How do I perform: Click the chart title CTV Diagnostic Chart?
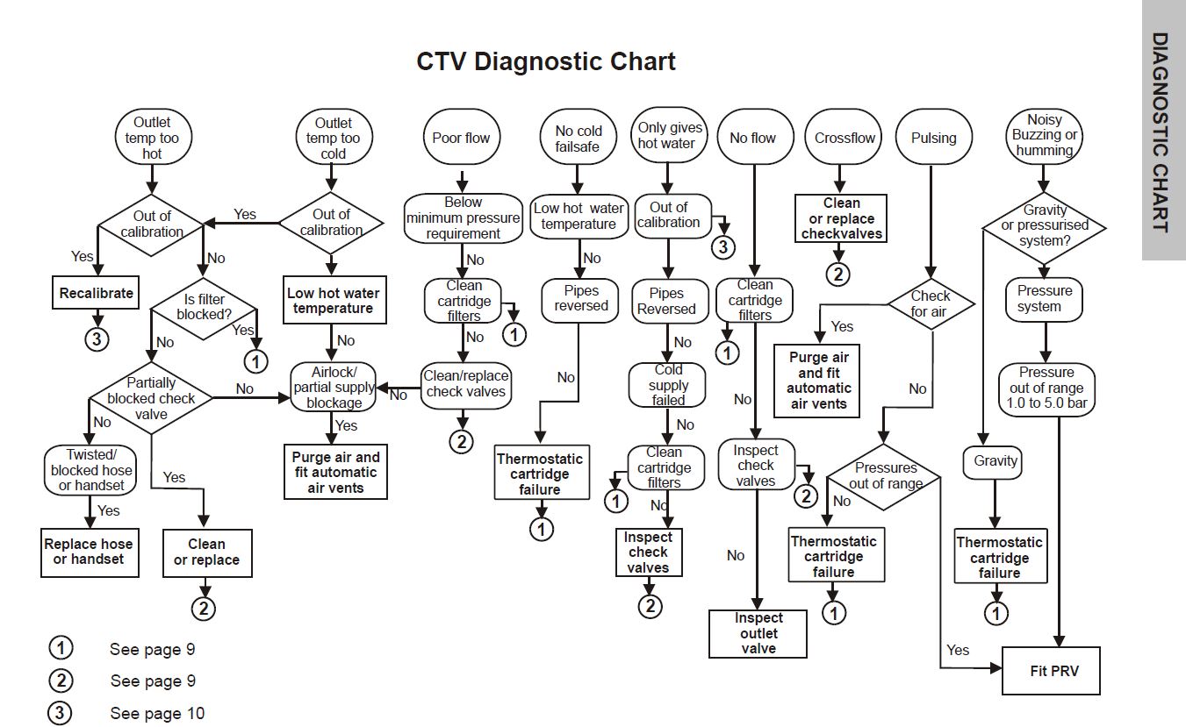point(546,62)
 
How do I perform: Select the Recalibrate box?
point(97,294)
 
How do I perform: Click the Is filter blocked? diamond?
point(204,307)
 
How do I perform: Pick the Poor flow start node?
point(461,138)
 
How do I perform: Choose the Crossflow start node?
point(845,138)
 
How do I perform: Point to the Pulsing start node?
point(933,138)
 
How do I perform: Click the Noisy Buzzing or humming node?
point(1045,136)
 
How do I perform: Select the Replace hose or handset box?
point(90,552)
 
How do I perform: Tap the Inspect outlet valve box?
point(758,633)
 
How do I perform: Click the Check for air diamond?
point(930,304)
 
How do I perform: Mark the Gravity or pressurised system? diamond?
point(1045,225)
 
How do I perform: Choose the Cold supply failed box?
point(668,385)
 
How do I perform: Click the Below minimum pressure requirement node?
point(463,218)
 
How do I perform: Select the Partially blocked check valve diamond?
point(151,398)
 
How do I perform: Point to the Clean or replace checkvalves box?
point(841,218)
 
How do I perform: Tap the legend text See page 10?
point(157,713)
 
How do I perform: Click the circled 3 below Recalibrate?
point(97,339)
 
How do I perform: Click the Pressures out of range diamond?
point(885,476)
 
